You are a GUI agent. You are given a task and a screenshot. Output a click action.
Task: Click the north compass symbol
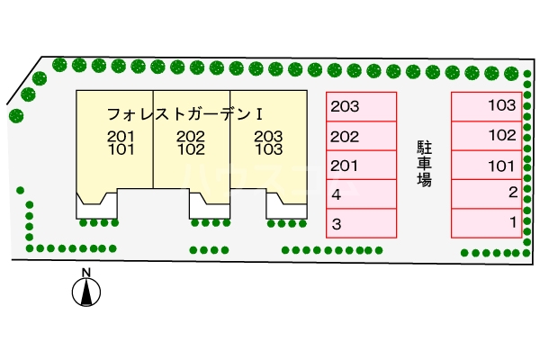[86, 292]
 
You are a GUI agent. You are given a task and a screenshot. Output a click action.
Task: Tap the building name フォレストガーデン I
[184, 115]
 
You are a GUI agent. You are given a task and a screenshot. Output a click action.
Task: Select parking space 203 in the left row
[361, 107]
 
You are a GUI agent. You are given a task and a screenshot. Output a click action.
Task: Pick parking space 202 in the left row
[361, 137]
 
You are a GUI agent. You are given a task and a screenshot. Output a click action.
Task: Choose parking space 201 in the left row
[361, 166]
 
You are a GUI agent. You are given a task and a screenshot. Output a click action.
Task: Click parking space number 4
[361, 194]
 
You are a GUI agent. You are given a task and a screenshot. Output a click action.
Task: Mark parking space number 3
[361, 223]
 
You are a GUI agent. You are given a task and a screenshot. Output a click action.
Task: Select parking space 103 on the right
[487, 106]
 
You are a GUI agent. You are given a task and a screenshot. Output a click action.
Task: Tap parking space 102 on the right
[487, 136]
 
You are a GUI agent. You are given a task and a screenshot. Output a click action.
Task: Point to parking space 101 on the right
[487, 166]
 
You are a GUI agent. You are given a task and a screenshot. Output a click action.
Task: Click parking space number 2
[487, 193]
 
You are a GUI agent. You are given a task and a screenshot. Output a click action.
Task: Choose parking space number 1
[487, 221]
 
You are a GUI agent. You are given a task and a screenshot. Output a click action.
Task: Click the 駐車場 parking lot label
[424, 162]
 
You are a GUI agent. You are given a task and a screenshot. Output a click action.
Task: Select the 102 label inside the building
[191, 150]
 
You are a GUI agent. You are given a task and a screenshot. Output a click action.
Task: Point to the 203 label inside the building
[268, 137]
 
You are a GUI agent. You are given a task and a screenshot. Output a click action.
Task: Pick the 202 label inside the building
[191, 137]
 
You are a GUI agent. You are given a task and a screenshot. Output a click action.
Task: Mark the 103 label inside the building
[268, 150]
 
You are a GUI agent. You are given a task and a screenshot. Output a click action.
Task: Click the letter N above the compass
[86, 273]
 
